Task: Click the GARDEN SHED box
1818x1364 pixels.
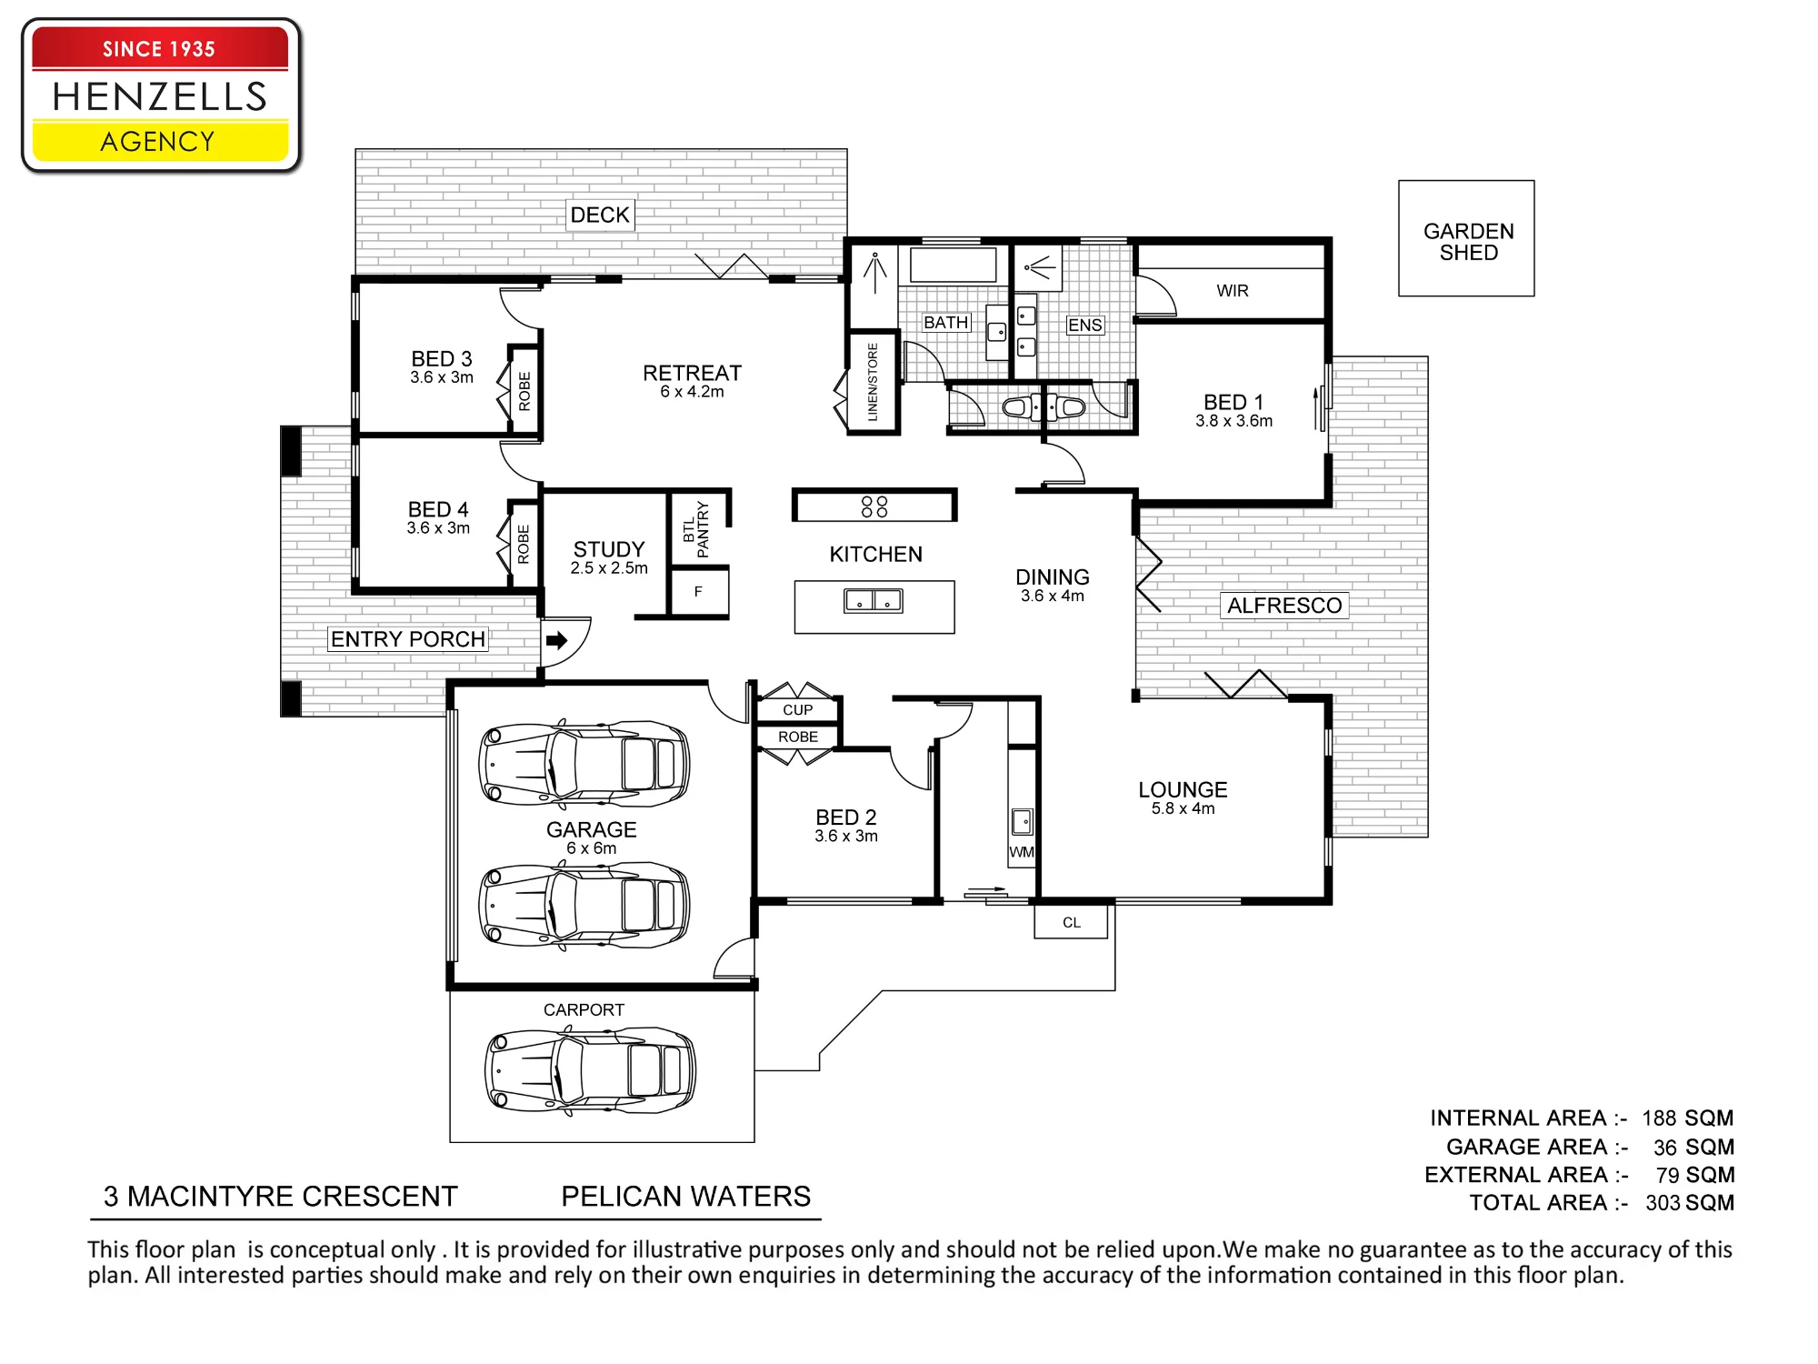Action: point(1466,238)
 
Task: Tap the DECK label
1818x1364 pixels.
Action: point(600,215)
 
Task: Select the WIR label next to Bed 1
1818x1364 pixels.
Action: point(1233,291)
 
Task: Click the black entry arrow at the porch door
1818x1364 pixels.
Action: point(556,640)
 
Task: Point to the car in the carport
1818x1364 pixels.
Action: point(590,1071)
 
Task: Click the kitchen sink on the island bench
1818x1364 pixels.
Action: point(873,600)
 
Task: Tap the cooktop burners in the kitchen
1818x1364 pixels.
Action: point(874,506)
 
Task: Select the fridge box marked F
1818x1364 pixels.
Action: point(698,592)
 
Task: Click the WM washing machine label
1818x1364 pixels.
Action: point(1022,852)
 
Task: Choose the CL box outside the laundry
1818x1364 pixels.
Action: point(1071,922)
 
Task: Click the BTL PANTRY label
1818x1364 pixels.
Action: point(695,530)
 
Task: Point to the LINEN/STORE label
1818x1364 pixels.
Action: point(873,382)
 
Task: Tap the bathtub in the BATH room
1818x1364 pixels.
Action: point(954,266)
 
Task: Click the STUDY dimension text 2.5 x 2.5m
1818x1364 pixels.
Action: point(609,568)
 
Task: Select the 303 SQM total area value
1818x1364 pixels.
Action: point(1690,1203)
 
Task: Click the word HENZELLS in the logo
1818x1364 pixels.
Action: point(160,96)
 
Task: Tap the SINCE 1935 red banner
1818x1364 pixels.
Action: point(160,48)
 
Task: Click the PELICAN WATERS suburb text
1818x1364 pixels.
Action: point(685,1196)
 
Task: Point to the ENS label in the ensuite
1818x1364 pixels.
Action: point(1084,326)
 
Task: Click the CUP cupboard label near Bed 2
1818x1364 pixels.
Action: point(797,710)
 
